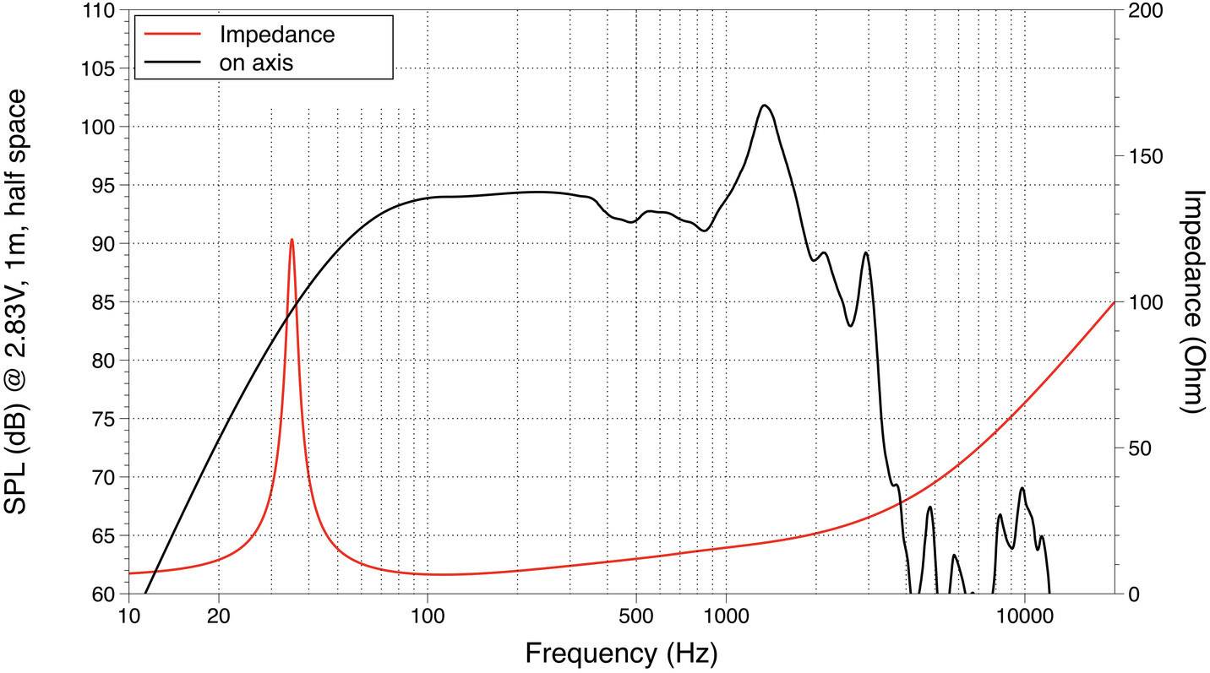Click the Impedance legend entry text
[x=276, y=35]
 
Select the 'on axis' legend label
[x=256, y=62]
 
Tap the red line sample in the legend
[x=172, y=35]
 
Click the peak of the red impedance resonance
[x=292, y=240]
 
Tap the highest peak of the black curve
[x=764, y=106]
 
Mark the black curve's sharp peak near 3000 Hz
[x=865, y=252]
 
